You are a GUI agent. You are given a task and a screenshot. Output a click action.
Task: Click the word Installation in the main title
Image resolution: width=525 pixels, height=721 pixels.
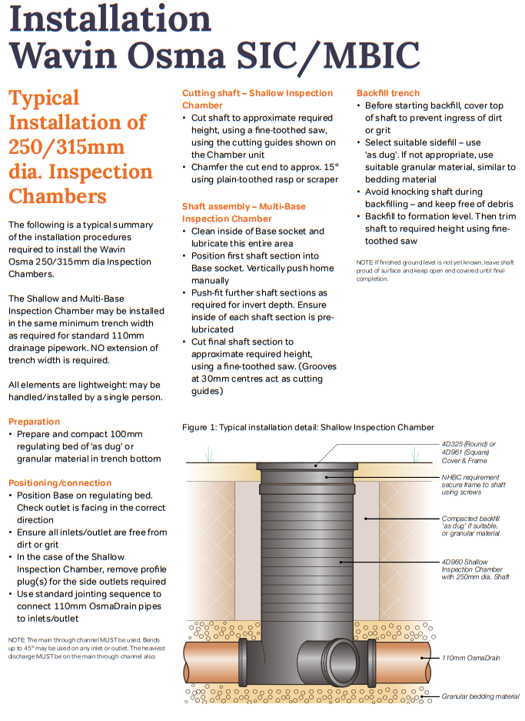109,18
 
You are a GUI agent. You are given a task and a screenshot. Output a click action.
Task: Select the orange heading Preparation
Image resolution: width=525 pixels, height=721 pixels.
34,422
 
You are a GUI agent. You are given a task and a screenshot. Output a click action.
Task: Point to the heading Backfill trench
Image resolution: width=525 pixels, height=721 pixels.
388,93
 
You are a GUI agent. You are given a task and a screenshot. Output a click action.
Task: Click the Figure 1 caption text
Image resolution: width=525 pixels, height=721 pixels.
308,427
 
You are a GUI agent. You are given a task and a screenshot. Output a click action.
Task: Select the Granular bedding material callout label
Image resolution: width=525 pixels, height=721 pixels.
480,696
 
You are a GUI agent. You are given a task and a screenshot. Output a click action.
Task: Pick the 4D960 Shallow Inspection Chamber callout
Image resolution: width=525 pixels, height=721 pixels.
475,569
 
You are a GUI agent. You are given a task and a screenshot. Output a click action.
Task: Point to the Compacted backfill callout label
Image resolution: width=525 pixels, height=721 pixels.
470,526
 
